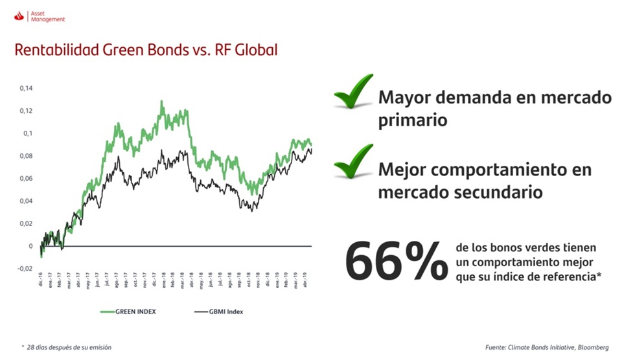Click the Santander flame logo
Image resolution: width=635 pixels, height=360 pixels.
(x=18, y=16)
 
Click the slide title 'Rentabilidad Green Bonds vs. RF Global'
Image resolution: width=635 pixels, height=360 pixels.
(x=146, y=50)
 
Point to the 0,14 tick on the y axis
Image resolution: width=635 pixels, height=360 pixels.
(x=26, y=88)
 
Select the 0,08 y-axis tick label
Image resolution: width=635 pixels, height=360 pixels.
(x=26, y=156)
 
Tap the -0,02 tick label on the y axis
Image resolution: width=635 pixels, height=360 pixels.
(x=25, y=269)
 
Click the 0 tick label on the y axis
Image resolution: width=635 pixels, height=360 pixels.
(x=30, y=246)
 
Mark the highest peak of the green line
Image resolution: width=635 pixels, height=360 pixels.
(x=161, y=101)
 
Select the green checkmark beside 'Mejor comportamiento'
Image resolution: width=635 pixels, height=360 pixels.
(x=354, y=163)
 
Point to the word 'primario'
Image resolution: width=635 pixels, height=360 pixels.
(x=413, y=120)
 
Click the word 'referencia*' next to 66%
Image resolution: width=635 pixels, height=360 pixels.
(x=568, y=276)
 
